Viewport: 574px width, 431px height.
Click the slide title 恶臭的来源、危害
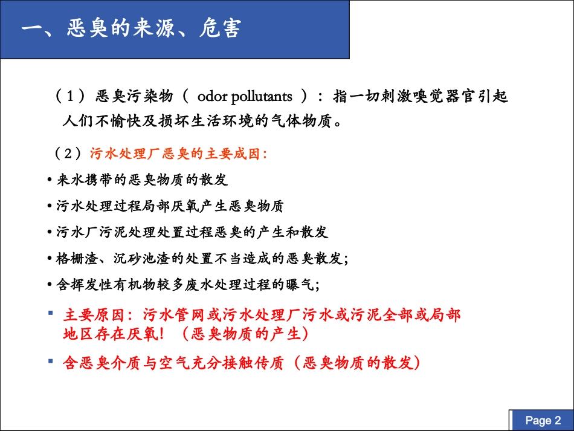point(131,28)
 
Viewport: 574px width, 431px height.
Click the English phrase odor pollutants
point(245,96)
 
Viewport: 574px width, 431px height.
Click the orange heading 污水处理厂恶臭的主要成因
point(178,154)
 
